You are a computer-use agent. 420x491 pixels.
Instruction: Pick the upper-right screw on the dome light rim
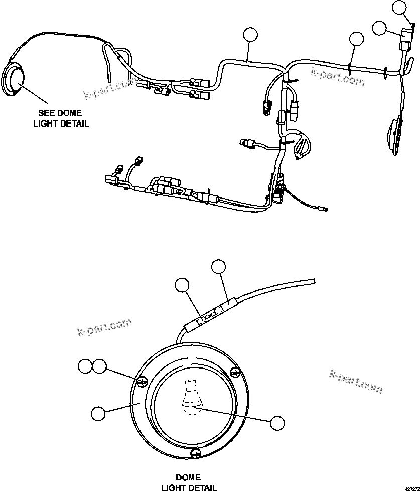point(234,372)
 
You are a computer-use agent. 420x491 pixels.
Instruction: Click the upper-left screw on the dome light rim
point(142,382)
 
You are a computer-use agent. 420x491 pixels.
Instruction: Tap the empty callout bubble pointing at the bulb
point(277,422)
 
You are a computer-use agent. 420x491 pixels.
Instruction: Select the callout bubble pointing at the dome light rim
point(98,413)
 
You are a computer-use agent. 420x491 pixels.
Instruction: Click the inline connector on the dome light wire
point(211,314)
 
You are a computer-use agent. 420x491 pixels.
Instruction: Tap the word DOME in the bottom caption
point(189,477)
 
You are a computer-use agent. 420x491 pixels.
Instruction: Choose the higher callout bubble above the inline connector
point(219,267)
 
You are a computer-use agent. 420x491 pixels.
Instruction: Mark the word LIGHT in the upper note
point(46,124)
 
